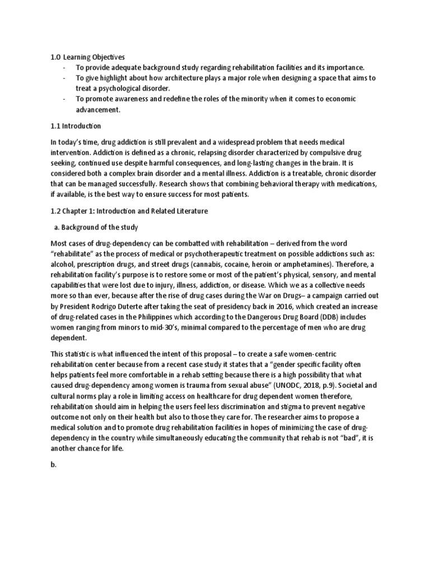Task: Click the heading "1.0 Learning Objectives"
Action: pos(88,57)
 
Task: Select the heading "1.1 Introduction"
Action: pos(75,126)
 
